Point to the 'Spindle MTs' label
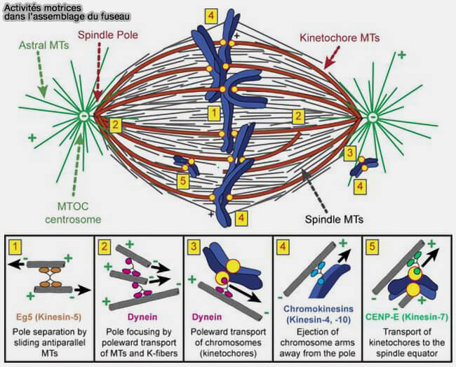point(335,218)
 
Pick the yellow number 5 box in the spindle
point(183,180)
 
